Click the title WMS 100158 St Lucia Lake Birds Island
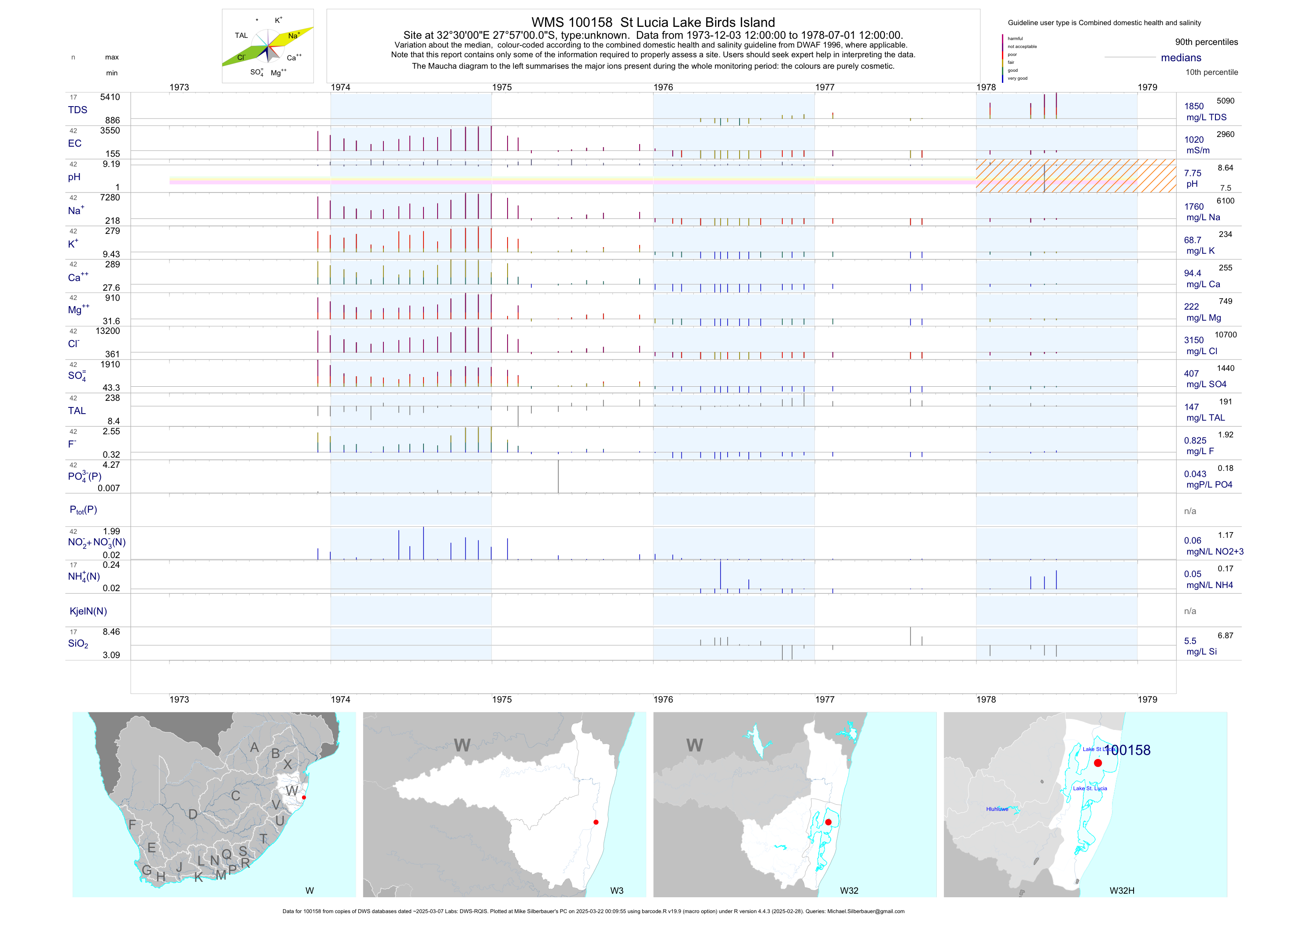tap(653, 22)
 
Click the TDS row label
tap(77, 110)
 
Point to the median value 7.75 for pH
tap(1193, 173)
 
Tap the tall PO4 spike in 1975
tap(559, 476)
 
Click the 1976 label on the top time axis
tap(663, 87)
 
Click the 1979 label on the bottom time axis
tap(1147, 699)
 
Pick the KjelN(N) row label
tap(88, 611)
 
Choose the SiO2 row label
tap(78, 644)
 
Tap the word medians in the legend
tap(1181, 58)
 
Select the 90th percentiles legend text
tap(1206, 42)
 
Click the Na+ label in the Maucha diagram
tap(294, 35)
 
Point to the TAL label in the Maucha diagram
tap(241, 35)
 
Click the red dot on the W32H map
tap(1097, 762)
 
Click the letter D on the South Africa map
tap(193, 814)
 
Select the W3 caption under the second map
tap(616, 890)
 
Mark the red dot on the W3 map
tap(596, 822)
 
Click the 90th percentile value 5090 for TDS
tap(1225, 101)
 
